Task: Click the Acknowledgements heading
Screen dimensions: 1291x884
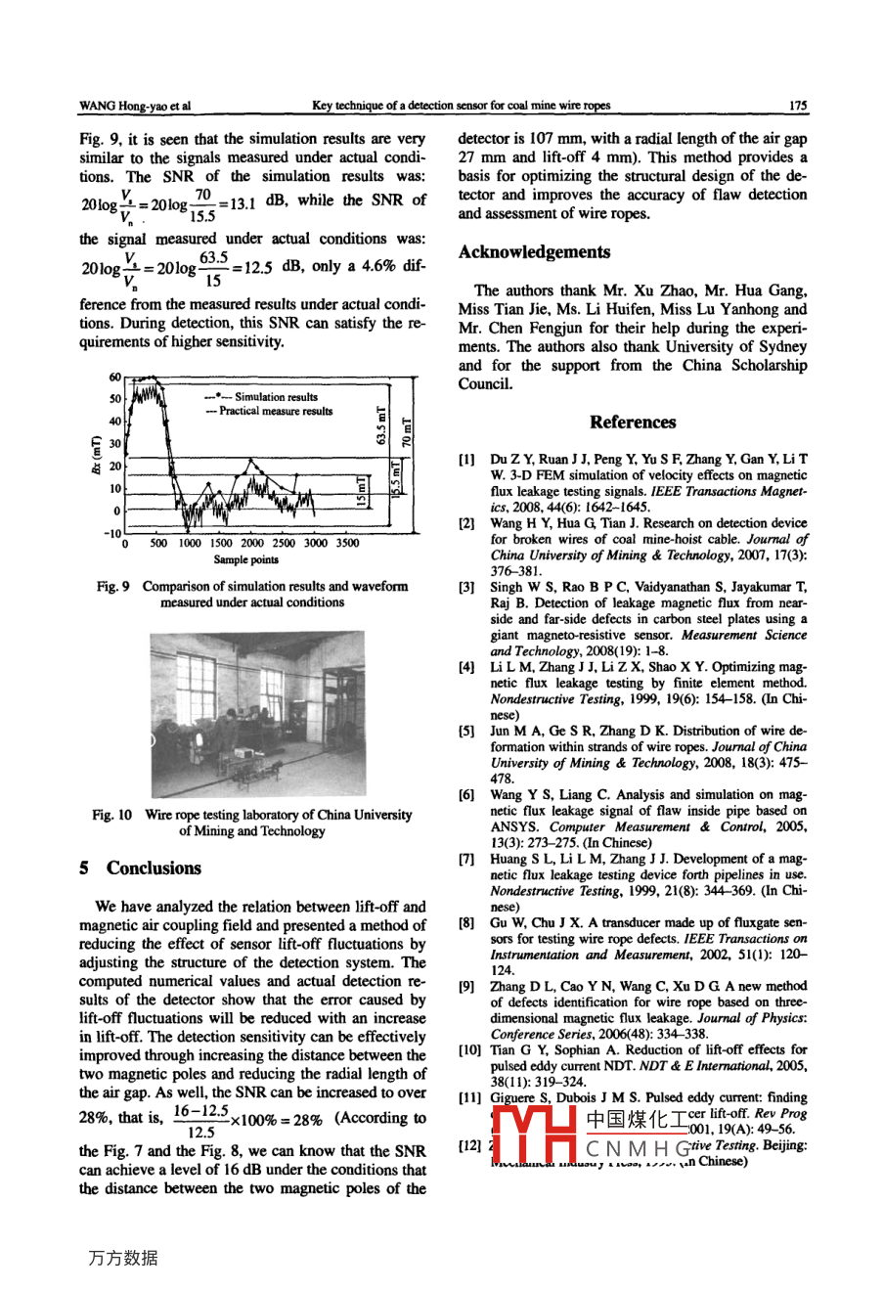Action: pyautogui.click(x=534, y=252)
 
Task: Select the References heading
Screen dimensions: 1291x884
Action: pyautogui.click(x=633, y=423)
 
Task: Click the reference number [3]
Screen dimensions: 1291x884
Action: pyautogui.click(x=467, y=588)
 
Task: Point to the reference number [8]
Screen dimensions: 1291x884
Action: pyautogui.click(x=467, y=922)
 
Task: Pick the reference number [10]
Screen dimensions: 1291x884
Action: pyautogui.click(x=470, y=1050)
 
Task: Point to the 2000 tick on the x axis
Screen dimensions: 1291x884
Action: pyautogui.click(x=252, y=544)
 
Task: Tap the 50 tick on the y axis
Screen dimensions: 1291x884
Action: pyautogui.click(x=113, y=399)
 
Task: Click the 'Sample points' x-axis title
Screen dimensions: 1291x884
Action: pyautogui.click(x=246, y=560)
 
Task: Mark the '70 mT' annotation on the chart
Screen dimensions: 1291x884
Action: pyautogui.click(x=408, y=430)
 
